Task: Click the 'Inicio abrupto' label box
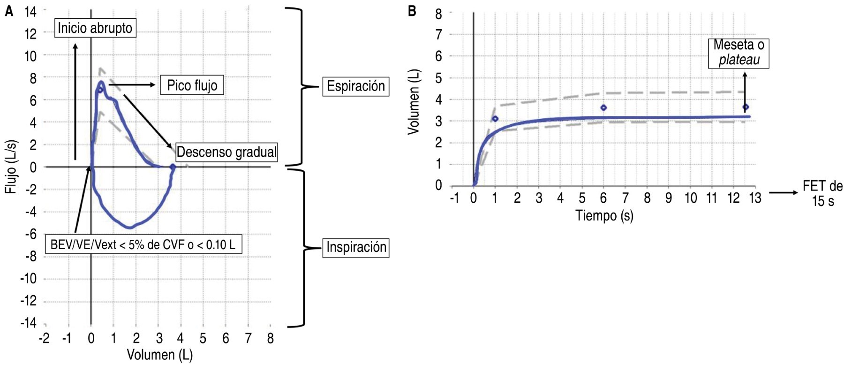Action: [95, 28]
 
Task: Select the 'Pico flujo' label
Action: [192, 85]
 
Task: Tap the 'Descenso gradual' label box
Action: [226, 152]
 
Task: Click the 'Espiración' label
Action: [355, 86]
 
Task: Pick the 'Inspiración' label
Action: [356, 247]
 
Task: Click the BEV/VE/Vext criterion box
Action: [143, 244]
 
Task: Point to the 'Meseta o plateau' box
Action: [738, 53]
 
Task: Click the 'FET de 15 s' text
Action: [822, 193]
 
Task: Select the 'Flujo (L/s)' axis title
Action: [11, 167]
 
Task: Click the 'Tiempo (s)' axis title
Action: [604, 215]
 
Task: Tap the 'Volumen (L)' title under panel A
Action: [159, 355]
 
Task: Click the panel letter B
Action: [412, 11]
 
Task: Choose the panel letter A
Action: [9, 11]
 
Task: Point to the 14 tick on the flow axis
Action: [30, 11]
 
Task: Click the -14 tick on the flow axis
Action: [28, 323]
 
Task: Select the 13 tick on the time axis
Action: [755, 198]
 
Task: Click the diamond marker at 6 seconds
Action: [603, 108]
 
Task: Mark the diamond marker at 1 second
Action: [495, 119]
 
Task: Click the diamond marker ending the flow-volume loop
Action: [173, 167]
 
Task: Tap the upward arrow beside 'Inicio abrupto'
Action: [75, 101]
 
